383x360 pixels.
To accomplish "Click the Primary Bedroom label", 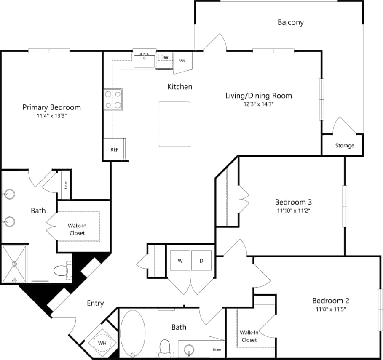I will coord(51,107).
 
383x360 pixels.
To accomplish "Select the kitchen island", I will coord(174,124).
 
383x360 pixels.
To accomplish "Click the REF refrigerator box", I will coord(114,149).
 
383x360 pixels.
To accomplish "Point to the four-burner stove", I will coord(113,100).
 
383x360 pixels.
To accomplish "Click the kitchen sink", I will coord(145,61).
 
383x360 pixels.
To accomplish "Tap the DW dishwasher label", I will coord(164,57).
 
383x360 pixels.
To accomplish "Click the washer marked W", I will coord(180,261).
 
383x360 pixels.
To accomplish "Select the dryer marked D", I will coord(201,261).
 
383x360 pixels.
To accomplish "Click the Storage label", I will coord(345,146).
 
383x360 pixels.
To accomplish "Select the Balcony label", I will coord(290,22).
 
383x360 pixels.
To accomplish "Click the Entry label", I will coord(95,303).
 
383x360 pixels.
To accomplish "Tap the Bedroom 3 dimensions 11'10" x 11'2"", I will coord(293,210).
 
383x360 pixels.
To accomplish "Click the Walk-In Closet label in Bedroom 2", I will coord(249,336).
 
